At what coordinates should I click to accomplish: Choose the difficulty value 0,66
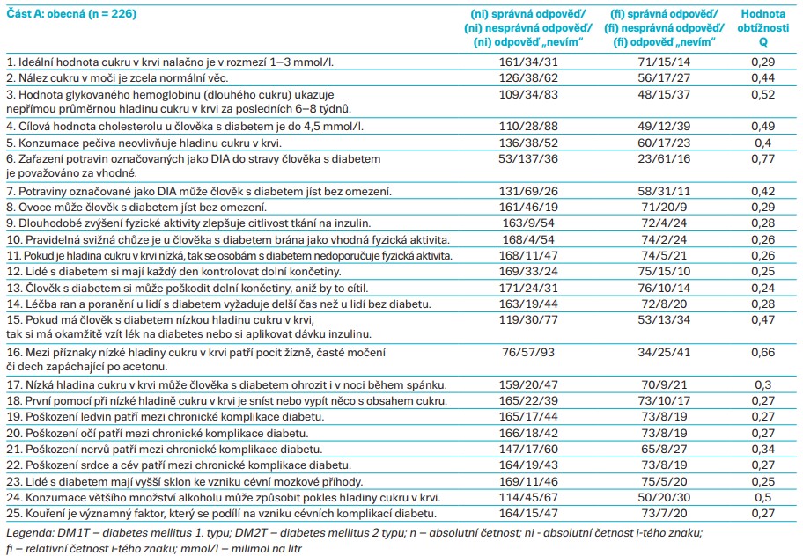pyautogui.click(x=762, y=353)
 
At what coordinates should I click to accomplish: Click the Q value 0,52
pyautogui.click(x=762, y=94)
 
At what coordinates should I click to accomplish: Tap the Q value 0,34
pyautogui.click(x=762, y=449)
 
